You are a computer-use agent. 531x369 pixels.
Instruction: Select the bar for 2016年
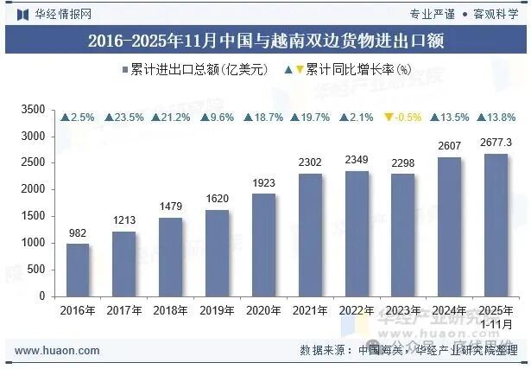click(x=78, y=270)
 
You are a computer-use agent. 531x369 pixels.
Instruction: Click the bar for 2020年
click(x=263, y=245)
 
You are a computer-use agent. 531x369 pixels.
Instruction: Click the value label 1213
click(x=123, y=221)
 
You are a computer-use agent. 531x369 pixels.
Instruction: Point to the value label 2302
click(x=310, y=162)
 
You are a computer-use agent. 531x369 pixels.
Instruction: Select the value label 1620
click(x=217, y=199)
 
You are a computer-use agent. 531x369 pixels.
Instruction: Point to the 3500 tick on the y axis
click(x=33, y=110)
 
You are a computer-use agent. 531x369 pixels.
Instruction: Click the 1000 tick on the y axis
click(x=33, y=243)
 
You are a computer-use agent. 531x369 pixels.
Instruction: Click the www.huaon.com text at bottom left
click(x=49, y=350)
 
